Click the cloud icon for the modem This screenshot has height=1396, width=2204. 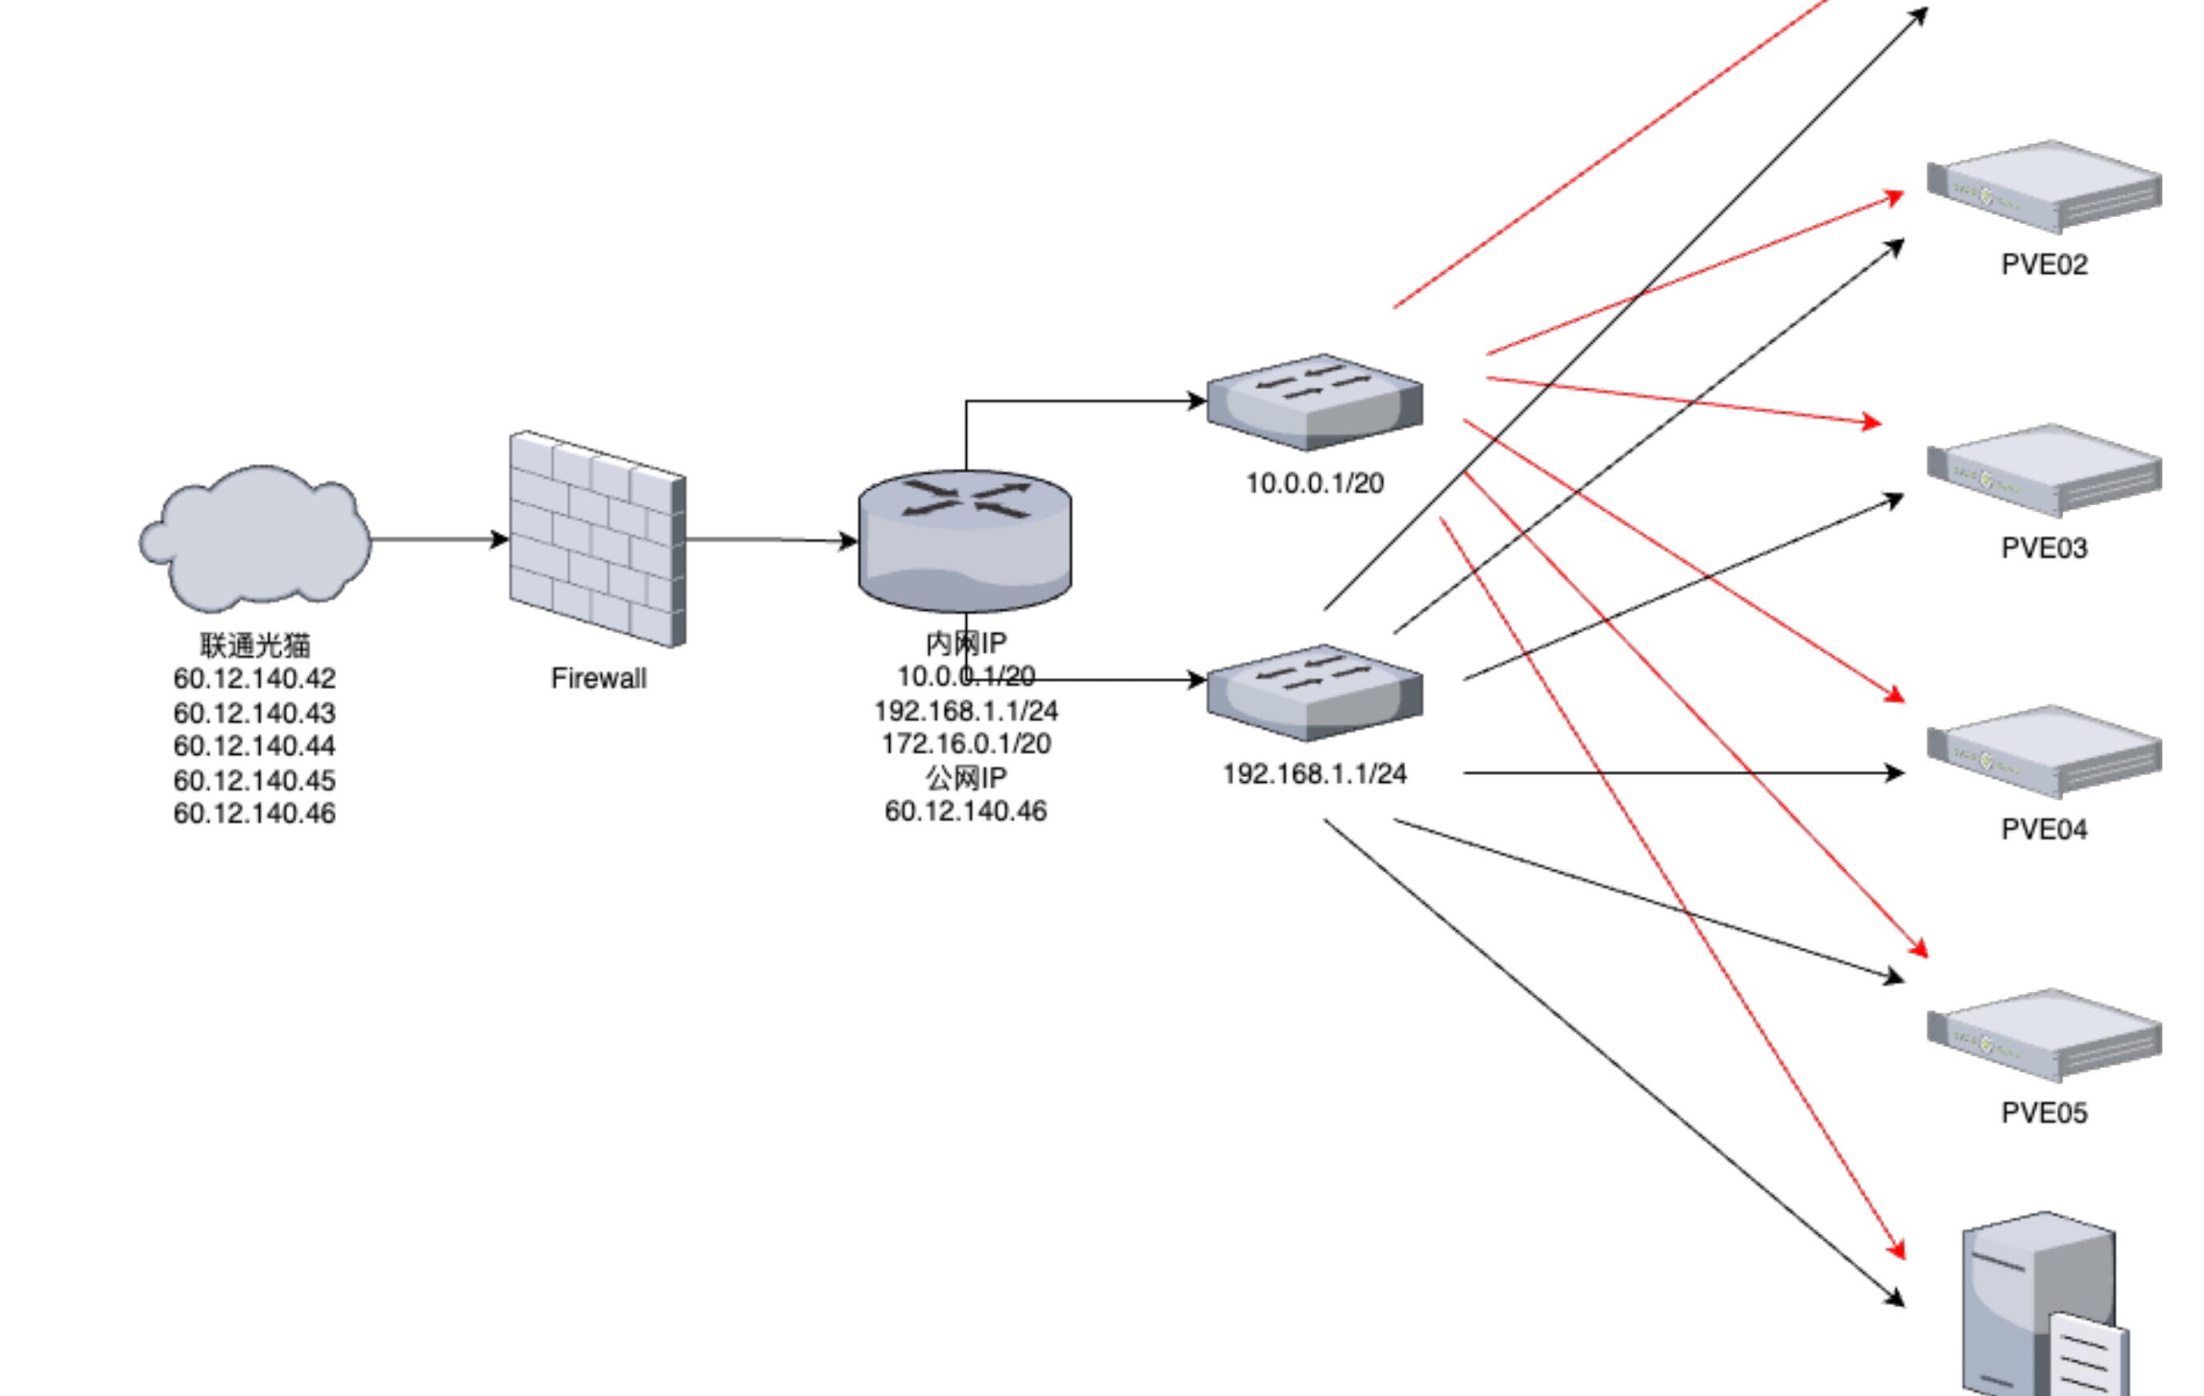point(255,537)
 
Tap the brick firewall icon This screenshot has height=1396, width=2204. point(598,540)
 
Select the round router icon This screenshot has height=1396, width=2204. point(964,541)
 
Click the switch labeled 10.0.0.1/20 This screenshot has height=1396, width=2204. point(1314,403)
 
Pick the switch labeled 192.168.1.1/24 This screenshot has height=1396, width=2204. point(1314,692)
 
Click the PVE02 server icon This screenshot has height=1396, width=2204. point(2044,187)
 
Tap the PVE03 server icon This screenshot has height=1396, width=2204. point(2044,471)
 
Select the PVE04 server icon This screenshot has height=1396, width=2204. point(2044,752)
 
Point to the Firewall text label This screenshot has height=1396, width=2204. point(599,678)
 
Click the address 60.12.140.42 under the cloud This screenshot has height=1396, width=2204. point(254,678)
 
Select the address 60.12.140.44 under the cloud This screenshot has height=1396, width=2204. point(254,746)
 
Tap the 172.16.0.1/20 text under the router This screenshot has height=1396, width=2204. point(966,744)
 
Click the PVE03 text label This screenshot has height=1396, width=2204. point(2044,548)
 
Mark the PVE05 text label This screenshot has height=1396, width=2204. point(2044,1113)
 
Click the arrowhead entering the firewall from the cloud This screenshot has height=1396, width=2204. point(499,540)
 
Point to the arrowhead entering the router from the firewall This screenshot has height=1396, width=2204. point(848,541)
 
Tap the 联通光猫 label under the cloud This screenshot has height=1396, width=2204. point(254,645)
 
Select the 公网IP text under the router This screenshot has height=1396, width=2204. point(966,777)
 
